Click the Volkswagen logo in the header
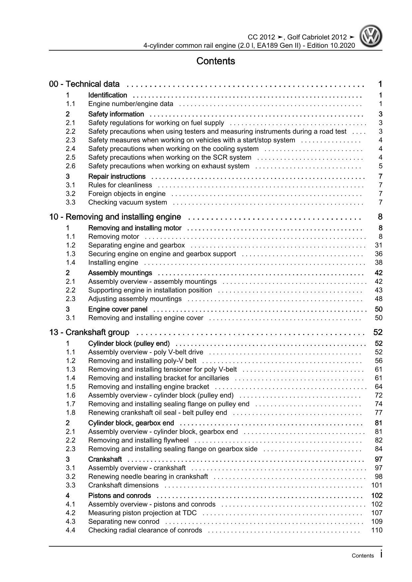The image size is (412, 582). coord(371,37)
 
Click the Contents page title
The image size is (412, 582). coord(216,61)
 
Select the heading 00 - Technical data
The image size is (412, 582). coord(84,84)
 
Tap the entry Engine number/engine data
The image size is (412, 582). coord(131,104)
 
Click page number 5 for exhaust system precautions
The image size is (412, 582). coord(380,166)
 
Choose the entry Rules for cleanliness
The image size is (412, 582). coord(120,185)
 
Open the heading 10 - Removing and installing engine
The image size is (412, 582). coord(115,217)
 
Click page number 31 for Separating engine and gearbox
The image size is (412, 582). coord(378,245)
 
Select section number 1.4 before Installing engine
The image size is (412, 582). coord(70,263)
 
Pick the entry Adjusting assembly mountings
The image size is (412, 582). coord(135,299)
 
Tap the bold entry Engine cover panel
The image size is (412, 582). coord(118,309)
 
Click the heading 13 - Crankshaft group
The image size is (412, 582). coord(89,332)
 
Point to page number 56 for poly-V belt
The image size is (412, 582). coord(378,361)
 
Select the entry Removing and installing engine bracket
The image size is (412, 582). coord(149,387)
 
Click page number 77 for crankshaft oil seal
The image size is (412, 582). coord(378,413)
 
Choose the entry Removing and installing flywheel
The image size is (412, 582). coord(138,441)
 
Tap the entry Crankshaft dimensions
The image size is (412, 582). coord(123,485)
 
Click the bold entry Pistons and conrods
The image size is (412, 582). coord(119,496)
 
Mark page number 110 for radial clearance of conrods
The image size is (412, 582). coord(377,530)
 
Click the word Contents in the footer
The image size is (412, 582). coord(362,556)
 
